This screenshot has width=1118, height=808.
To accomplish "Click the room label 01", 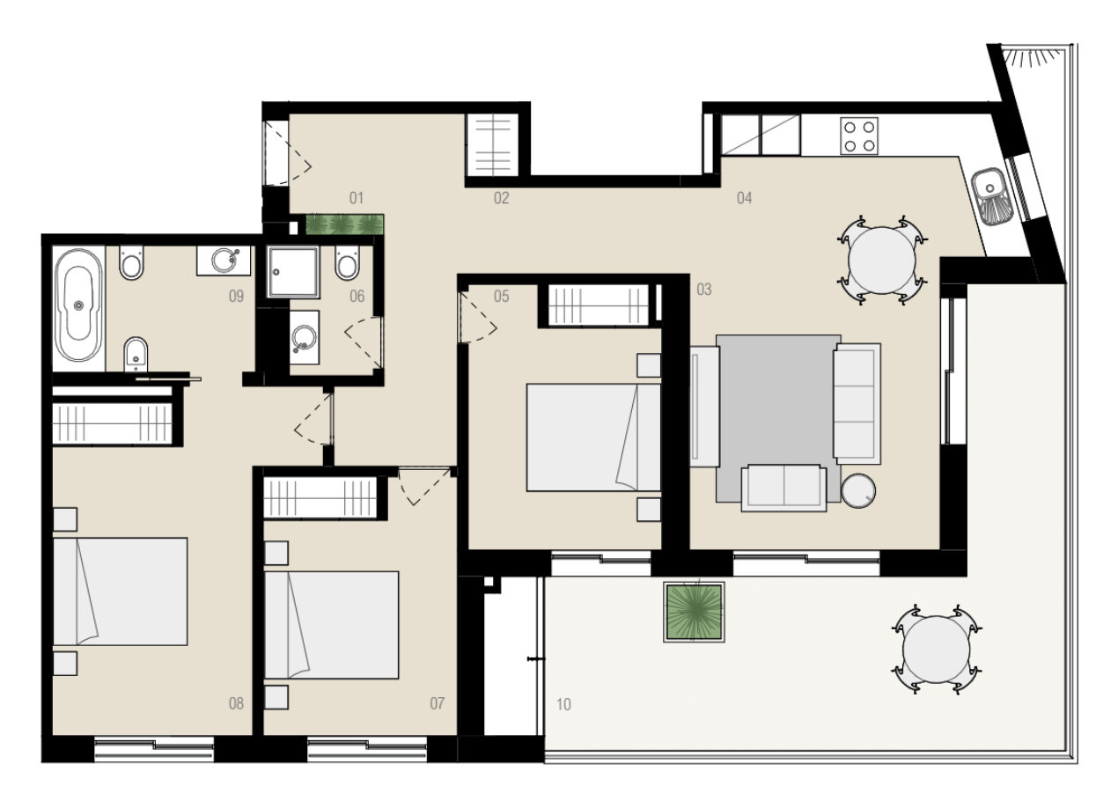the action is (356, 198).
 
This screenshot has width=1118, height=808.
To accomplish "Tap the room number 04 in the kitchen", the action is (744, 198).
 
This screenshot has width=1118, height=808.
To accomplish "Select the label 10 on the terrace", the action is (563, 705).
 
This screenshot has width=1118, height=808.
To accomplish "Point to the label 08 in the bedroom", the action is (236, 703).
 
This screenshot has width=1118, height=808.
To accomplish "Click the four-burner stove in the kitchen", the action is (859, 136).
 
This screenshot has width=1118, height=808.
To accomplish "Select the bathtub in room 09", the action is (78, 305).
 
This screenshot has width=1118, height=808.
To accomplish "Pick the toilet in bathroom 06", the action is (348, 262).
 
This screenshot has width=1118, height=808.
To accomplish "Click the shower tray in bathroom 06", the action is (293, 272).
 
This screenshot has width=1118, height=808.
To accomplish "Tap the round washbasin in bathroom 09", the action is (224, 260).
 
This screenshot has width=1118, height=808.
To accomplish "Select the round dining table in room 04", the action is (882, 261).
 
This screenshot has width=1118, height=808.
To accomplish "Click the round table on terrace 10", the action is (937, 650).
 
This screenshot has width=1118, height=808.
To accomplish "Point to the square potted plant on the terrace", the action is (695, 612).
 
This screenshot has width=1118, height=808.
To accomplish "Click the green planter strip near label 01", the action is (344, 224).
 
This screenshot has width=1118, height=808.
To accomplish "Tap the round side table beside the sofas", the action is (858, 491).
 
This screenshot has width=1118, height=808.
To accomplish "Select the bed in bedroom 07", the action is (331, 625).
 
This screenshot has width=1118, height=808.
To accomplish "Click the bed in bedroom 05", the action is (594, 437).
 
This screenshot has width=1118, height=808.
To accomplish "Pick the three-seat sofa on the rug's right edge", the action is (857, 404).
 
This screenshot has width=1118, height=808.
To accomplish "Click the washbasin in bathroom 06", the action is (304, 336).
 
